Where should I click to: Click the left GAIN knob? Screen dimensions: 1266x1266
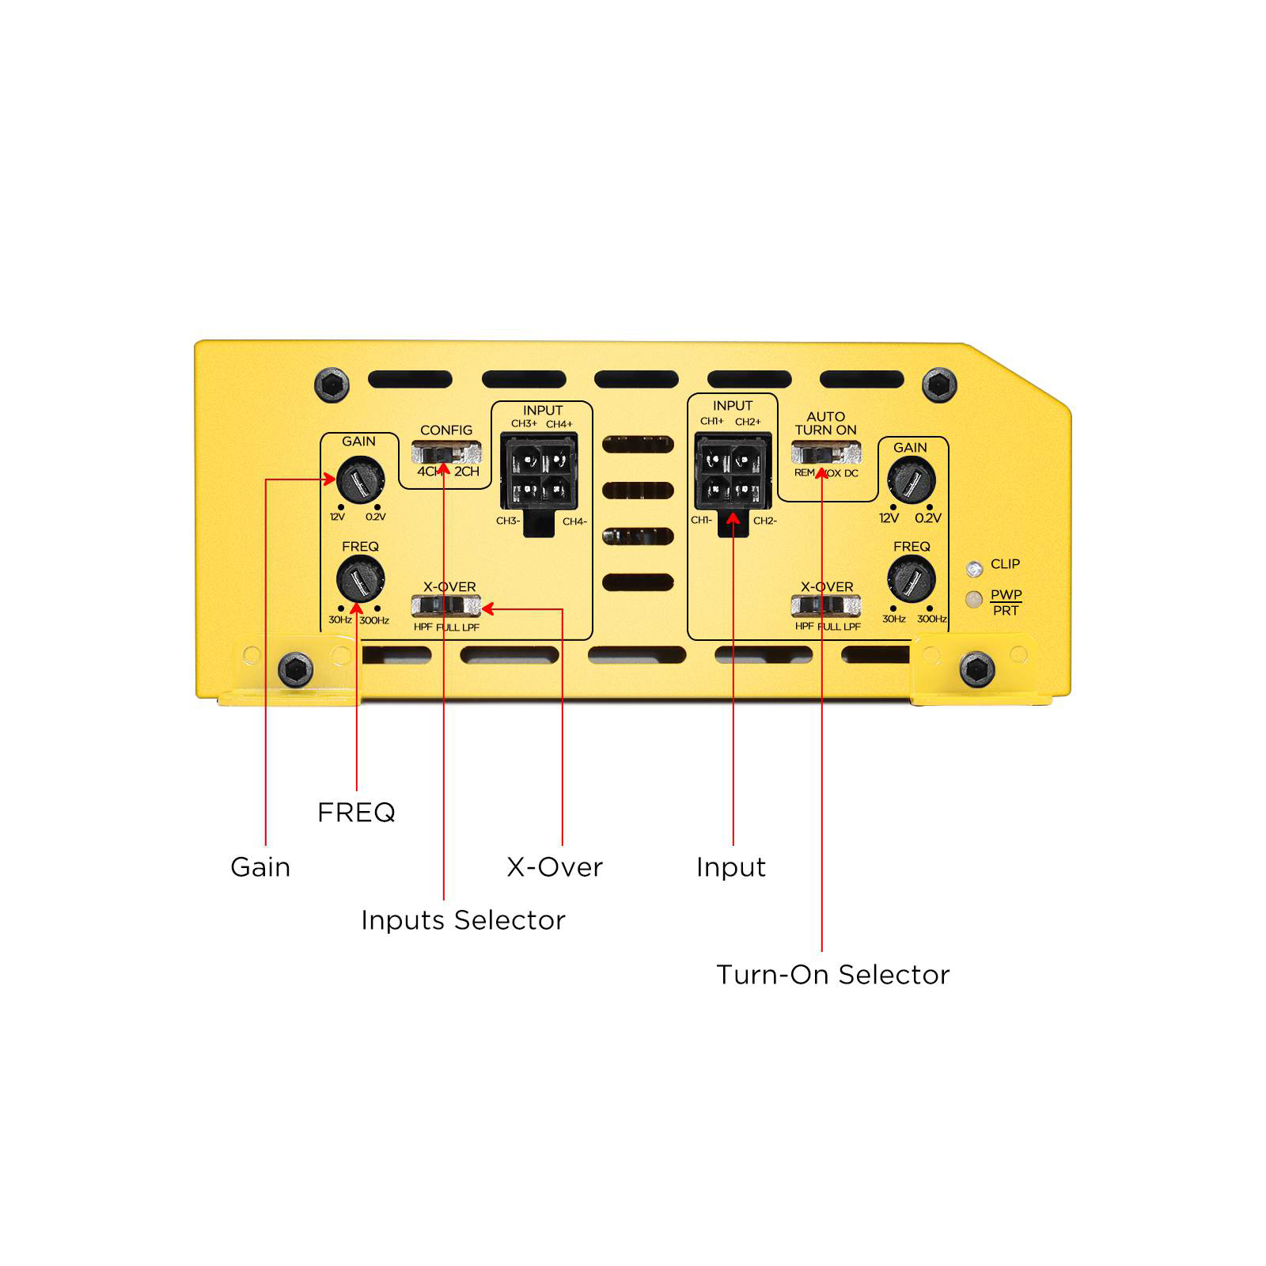coord(361,479)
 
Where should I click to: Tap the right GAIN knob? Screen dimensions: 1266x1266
coord(912,479)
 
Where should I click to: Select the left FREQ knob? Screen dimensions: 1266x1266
coord(361,579)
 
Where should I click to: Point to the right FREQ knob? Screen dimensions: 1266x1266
coord(912,579)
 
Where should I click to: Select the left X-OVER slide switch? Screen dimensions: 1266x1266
coord(446,606)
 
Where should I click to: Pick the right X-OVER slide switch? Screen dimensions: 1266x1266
coord(826,606)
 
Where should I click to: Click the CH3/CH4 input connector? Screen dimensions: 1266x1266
coord(540,479)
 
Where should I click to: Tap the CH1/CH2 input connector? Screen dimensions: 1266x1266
coord(733,479)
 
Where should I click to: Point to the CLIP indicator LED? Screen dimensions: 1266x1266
coord(975,567)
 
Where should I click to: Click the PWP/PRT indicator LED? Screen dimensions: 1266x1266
coord(975,599)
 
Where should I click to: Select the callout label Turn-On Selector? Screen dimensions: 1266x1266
coord(832,975)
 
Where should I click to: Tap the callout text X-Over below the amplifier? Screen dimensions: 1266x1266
coord(555,867)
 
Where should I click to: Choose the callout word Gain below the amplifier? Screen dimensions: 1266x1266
coord(260,867)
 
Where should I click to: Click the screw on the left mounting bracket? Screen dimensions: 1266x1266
coord(296,671)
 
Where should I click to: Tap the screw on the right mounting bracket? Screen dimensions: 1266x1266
coord(976,671)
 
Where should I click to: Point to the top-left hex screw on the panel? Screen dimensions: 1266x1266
coord(332,385)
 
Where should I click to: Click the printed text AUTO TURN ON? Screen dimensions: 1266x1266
coord(826,423)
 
